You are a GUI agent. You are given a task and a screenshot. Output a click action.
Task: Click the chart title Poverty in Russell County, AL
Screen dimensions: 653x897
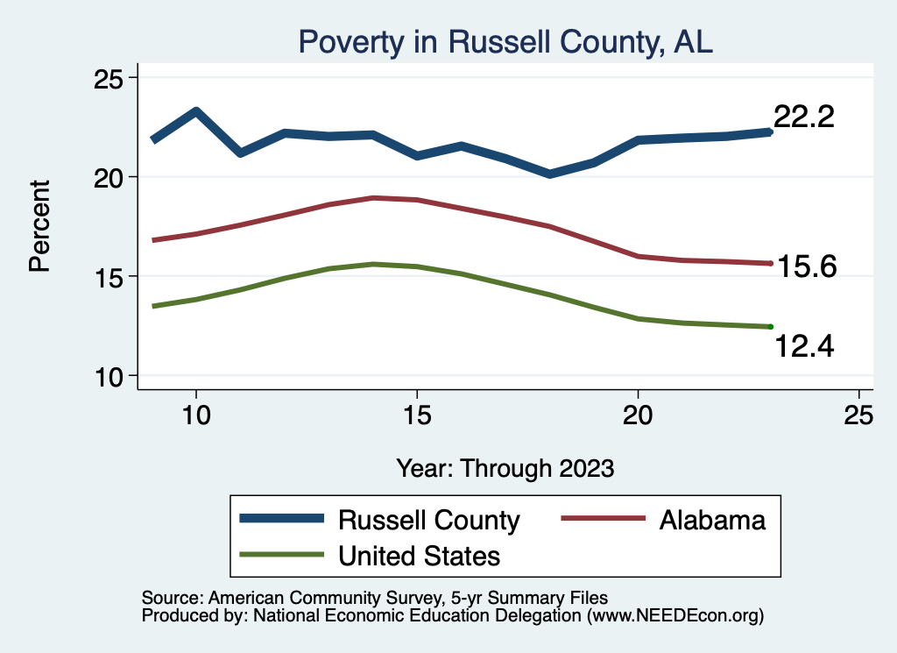point(505,41)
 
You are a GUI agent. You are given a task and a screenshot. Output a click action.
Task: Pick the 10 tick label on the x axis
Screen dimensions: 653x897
point(196,416)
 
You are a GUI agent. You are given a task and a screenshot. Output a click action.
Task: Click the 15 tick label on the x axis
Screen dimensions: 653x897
point(417,416)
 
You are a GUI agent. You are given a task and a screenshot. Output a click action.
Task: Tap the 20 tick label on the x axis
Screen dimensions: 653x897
point(638,416)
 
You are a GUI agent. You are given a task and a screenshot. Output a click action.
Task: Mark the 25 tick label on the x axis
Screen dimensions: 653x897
point(858,416)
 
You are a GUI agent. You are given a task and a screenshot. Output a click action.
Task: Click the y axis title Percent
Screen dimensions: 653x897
point(39,225)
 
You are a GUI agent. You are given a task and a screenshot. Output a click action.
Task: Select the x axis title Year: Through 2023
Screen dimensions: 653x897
point(505,468)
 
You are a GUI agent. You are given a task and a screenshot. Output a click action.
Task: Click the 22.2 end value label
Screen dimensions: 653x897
point(803,117)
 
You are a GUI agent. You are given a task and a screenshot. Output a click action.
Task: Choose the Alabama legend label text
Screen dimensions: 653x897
point(711,520)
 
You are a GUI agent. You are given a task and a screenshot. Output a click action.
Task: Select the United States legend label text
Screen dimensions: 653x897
point(420,556)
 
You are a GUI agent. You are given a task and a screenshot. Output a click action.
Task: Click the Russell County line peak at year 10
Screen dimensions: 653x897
point(196,111)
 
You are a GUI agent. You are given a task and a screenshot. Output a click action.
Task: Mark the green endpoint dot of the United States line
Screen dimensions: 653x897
point(770,326)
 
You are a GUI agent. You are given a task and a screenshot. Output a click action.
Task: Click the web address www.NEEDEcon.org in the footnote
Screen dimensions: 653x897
point(673,616)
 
